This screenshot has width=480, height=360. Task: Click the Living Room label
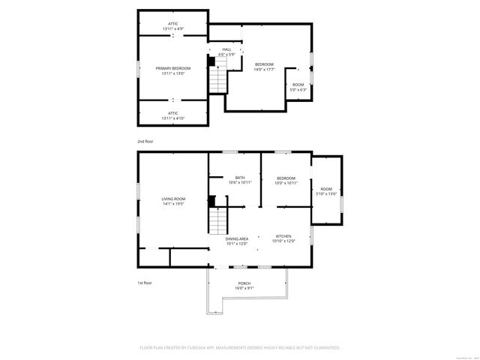173,199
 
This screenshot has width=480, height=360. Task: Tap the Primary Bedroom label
173,68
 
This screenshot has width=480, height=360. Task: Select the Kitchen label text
283,235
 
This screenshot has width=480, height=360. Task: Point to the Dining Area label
237,238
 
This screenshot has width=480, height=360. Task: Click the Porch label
244,283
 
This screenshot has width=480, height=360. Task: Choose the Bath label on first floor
240,178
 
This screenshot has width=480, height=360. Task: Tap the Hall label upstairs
226,49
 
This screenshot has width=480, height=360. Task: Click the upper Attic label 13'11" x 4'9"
173,24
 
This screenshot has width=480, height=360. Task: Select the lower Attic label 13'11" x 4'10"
173,113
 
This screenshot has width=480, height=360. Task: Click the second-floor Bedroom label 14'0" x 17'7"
264,64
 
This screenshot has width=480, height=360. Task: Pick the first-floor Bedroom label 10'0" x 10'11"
286,178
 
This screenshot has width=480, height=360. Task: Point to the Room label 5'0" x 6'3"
298,85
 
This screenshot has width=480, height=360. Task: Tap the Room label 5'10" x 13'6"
326,189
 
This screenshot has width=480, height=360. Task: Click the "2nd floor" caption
145,141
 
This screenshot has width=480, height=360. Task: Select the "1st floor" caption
145,283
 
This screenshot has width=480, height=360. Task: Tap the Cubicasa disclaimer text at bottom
240,348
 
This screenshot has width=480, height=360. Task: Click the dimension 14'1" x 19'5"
173,203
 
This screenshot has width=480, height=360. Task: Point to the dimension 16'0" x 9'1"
244,288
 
